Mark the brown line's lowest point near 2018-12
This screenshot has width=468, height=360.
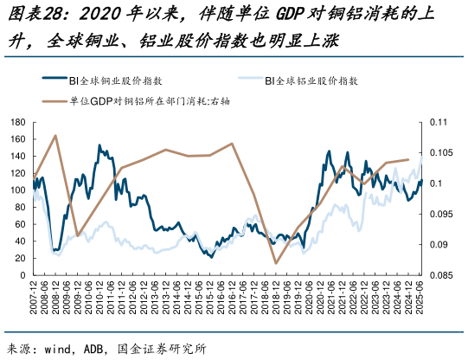click(x=276, y=263)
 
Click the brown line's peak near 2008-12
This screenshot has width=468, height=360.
click(x=55, y=135)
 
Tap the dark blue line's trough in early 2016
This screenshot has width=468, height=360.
click(x=209, y=256)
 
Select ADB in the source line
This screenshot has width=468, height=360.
click(x=98, y=350)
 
